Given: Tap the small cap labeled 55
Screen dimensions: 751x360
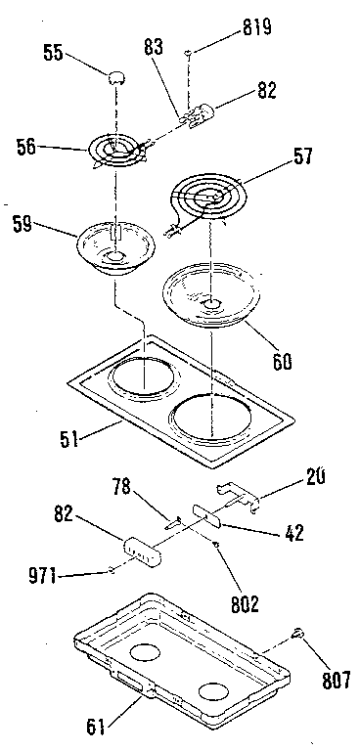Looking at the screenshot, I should point(117,76).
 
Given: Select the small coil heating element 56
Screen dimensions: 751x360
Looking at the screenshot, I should point(118,151).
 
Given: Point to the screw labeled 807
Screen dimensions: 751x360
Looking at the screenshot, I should point(295,637).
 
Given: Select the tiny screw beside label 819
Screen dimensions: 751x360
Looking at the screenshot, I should point(188,51).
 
